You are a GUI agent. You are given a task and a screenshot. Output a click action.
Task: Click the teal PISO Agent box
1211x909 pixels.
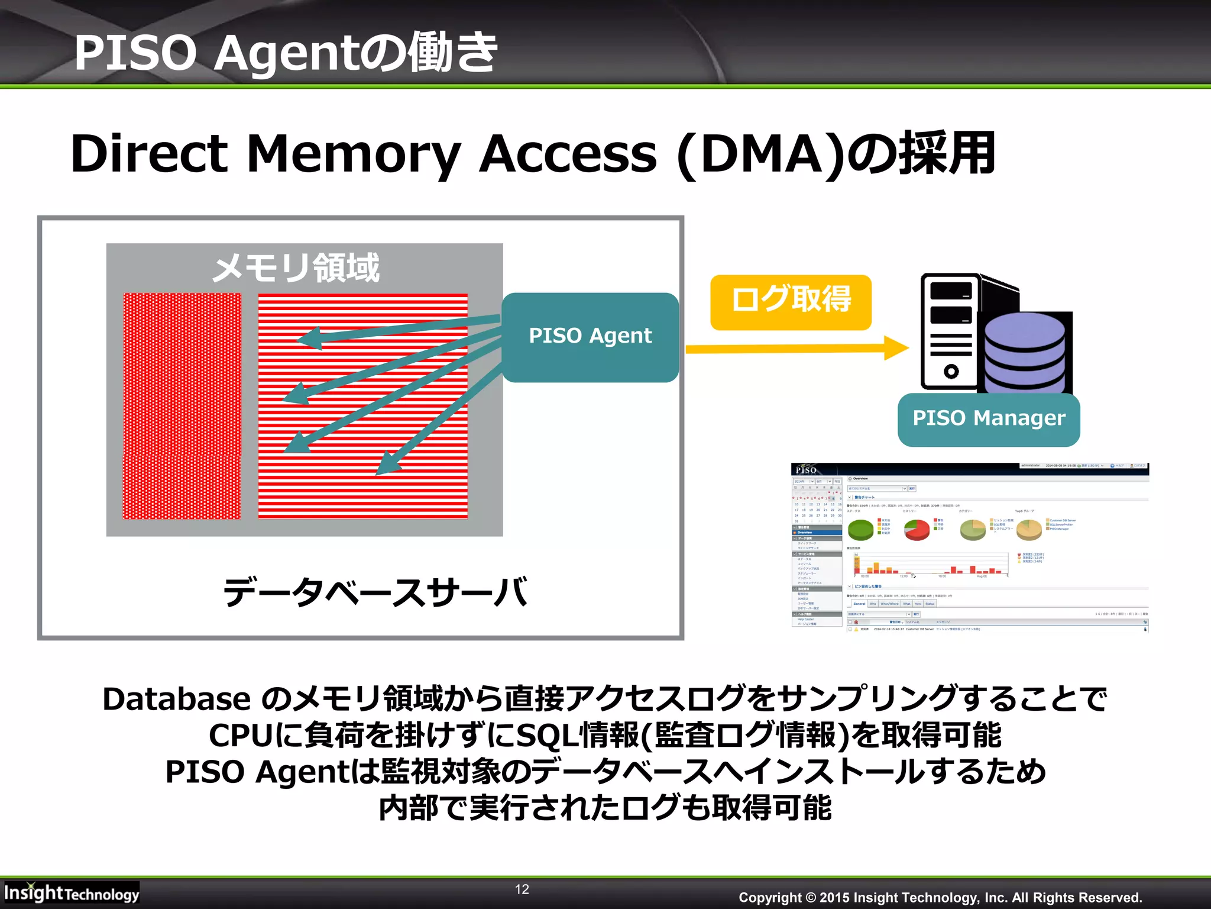coord(590,337)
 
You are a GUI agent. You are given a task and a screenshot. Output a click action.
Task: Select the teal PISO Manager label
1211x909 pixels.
coord(988,419)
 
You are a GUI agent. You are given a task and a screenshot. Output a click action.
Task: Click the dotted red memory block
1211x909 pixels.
coord(182,406)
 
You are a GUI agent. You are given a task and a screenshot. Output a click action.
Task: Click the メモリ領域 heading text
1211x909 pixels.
coord(296,268)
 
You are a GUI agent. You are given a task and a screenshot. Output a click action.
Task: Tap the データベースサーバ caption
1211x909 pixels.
coord(375,593)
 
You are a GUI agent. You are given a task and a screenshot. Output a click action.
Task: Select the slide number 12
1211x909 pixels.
coord(522,889)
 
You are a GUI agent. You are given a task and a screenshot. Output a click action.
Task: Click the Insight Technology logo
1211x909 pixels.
coord(71,892)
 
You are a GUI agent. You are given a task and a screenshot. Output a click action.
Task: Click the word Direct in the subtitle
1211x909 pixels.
coord(148,154)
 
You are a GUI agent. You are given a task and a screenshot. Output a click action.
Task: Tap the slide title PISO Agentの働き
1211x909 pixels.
coord(286,53)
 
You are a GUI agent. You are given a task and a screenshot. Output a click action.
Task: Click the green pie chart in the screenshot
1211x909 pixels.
coord(860,529)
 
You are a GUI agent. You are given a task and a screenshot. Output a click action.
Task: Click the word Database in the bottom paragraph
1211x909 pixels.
coord(176,699)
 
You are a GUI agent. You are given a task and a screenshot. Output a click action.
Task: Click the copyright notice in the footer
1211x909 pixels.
coord(940,897)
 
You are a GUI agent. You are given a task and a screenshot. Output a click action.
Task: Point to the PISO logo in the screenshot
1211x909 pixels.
coord(805,470)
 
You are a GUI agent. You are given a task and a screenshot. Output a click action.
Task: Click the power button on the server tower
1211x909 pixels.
coord(951,372)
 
